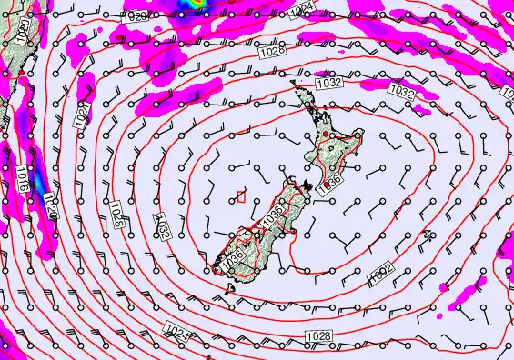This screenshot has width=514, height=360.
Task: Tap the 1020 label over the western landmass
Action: (x=24, y=34)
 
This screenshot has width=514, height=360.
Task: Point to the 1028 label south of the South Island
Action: (x=319, y=336)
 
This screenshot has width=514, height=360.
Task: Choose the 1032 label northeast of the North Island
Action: (x=401, y=91)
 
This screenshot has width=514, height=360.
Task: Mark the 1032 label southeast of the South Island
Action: (x=379, y=275)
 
